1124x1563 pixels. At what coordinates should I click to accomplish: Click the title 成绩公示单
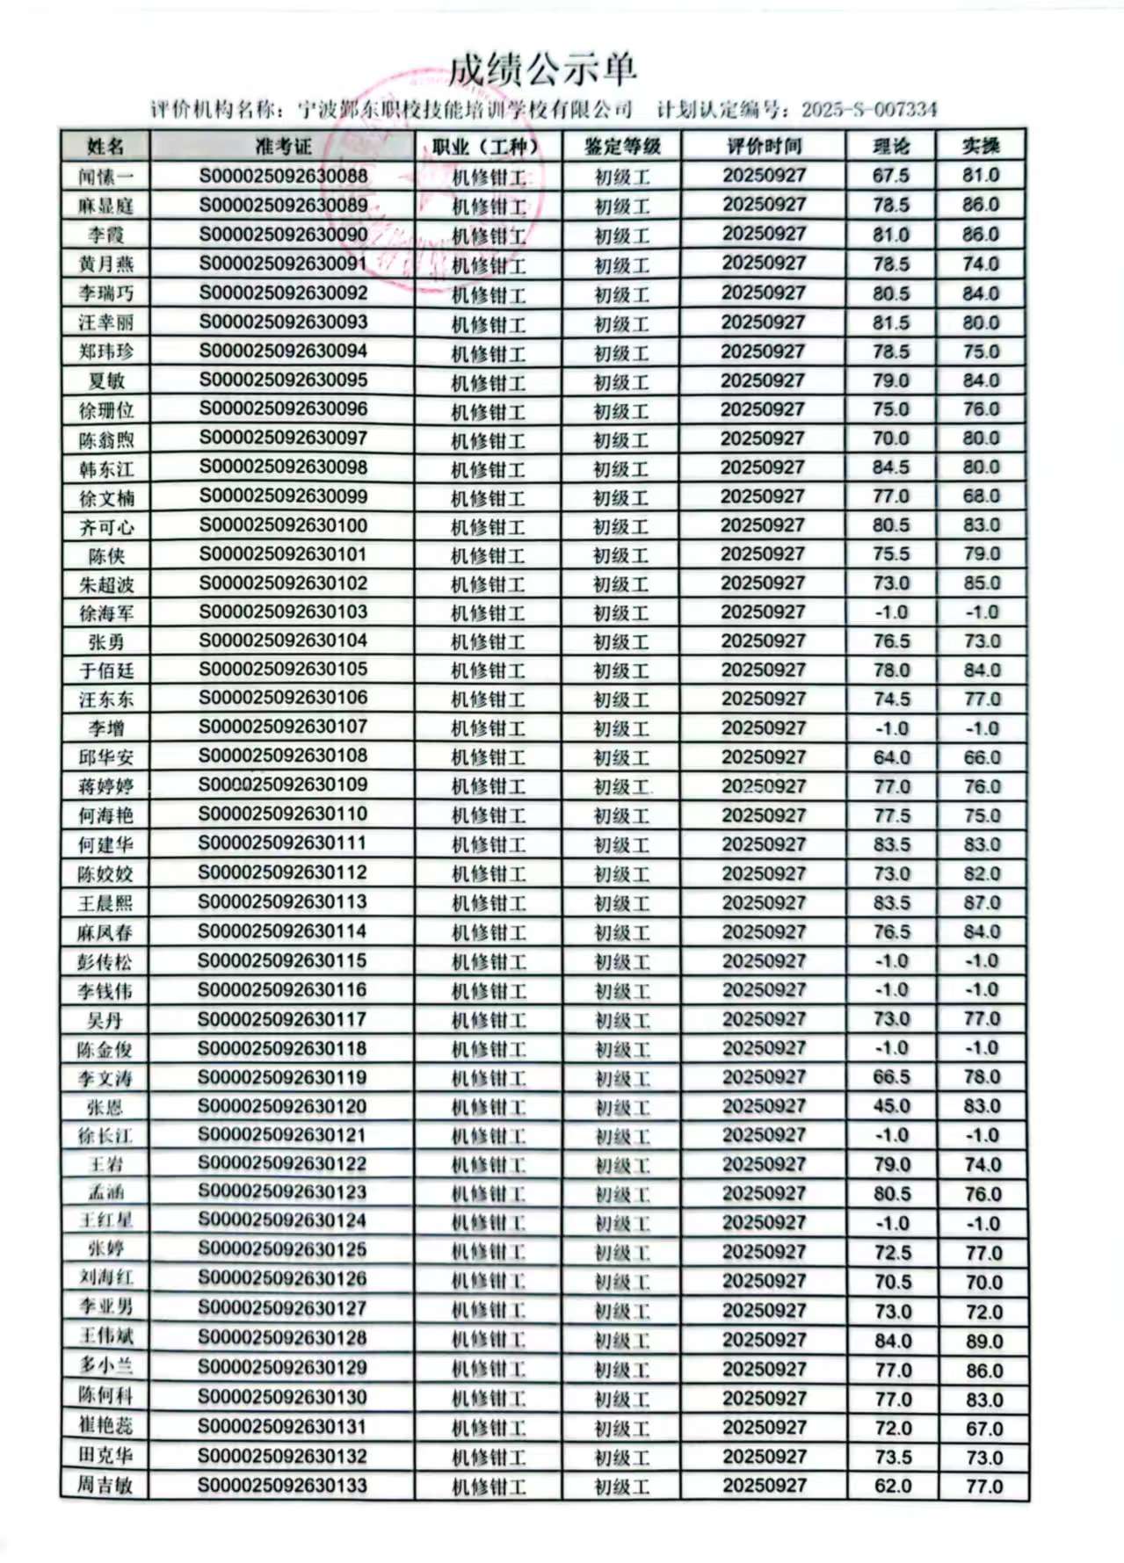542,70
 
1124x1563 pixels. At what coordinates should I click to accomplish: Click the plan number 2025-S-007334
868,110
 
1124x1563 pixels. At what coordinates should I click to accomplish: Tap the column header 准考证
282,146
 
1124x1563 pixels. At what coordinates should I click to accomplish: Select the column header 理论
890,146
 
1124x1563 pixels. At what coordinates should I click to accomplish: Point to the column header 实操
981,146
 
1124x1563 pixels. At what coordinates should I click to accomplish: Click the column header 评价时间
763,146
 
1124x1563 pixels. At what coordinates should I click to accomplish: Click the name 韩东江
105,469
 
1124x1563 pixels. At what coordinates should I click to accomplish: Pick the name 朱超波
105,585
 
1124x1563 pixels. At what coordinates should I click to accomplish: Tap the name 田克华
105,1456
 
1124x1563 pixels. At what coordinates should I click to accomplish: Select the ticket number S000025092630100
282,526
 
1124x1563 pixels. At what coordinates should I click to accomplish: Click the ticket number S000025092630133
282,1486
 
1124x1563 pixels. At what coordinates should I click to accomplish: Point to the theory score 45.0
892,1106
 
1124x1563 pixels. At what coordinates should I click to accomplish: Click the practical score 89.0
983,1341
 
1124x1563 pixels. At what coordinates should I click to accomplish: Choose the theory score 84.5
891,467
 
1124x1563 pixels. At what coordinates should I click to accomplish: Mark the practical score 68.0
982,496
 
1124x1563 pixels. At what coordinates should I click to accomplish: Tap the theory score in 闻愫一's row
890,175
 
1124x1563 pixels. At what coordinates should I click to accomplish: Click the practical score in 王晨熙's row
982,902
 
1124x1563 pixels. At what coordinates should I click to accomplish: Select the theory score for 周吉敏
893,1486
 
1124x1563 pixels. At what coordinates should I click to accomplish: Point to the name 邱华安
105,757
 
